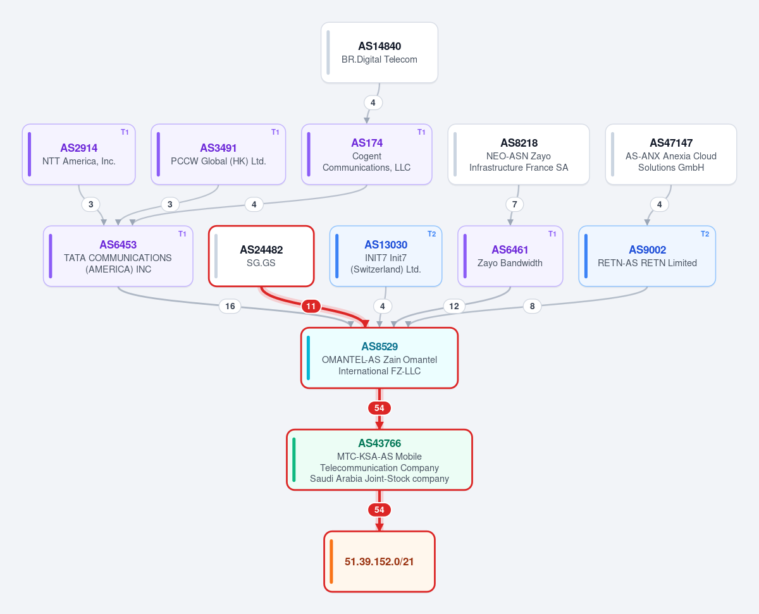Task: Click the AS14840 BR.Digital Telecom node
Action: (379, 52)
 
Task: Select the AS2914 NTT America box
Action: (79, 154)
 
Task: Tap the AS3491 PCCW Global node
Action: (218, 154)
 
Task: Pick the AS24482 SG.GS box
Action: (261, 256)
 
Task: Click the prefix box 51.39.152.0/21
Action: (379, 562)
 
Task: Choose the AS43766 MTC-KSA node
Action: (379, 460)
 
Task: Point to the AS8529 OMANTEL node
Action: (379, 358)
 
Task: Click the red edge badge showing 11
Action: (311, 306)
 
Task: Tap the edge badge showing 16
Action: (230, 306)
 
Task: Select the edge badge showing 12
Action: (454, 306)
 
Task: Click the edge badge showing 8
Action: (532, 306)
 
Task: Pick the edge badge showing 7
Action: (515, 204)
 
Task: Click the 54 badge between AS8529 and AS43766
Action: (379, 408)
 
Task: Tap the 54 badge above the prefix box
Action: (379, 510)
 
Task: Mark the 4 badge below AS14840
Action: (373, 102)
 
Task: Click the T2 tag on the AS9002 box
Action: (705, 234)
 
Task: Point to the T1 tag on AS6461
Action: (552, 234)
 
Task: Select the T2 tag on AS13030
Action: (431, 234)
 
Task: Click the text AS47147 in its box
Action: (671, 143)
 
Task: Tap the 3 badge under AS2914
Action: (91, 204)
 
